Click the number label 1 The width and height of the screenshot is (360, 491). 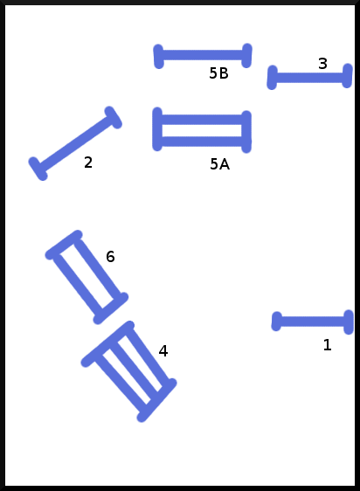coord(327,345)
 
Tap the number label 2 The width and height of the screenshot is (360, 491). coord(88,163)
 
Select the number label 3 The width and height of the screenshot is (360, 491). coord(322,64)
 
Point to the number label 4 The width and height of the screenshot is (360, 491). coord(163,351)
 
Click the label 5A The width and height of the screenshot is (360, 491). coord(219,164)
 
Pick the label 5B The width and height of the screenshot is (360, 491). coord(218,73)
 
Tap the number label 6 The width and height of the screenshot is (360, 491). coord(110,257)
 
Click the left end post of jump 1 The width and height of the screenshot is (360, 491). coord(276,322)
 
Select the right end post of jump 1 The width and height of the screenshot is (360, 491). coord(349,322)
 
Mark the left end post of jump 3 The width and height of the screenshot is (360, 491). coord(273,78)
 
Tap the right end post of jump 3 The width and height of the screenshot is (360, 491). coord(348,76)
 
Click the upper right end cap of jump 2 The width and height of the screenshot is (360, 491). coord(113,117)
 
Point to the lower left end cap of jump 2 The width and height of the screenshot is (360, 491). coord(38,169)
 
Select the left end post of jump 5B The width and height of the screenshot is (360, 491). coord(158,57)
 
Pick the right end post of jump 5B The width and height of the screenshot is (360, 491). coord(247,55)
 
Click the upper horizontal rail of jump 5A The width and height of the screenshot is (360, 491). coord(202,120)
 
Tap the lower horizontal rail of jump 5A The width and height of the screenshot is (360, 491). coord(202,142)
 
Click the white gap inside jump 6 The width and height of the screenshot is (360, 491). coord(87,276)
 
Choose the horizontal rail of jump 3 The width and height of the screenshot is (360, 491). coord(309,78)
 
